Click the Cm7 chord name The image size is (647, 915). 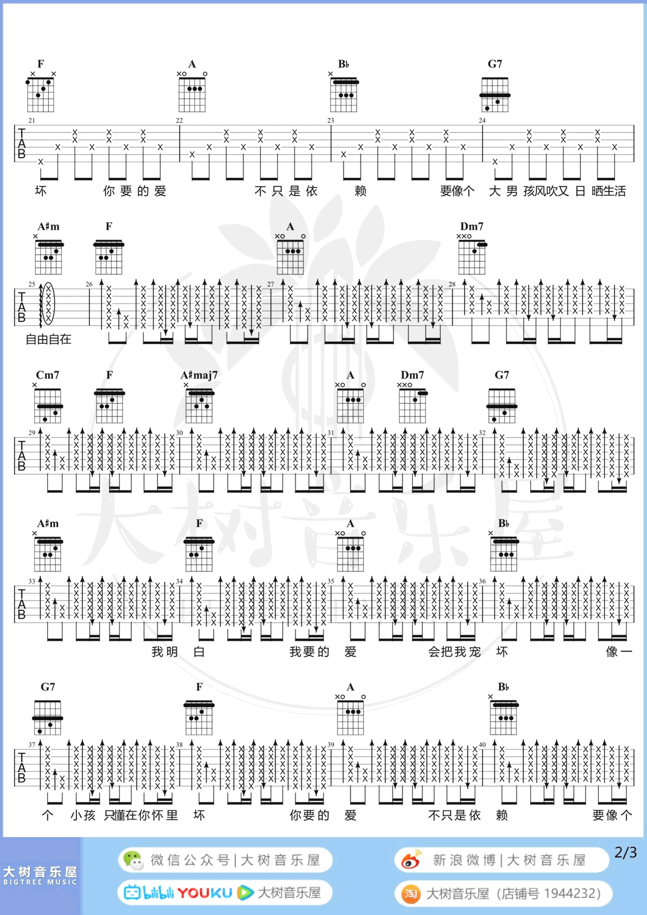[x=48, y=375]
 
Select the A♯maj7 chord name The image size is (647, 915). [x=199, y=375]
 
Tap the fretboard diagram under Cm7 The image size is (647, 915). [x=48, y=405]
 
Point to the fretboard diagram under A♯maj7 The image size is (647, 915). [x=199, y=405]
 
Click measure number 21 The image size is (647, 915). [x=32, y=120]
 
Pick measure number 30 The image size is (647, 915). [x=179, y=433]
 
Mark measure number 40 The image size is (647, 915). [x=482, y=745]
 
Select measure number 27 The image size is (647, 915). [x=271, y=284]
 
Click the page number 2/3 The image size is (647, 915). [x=625, y=853]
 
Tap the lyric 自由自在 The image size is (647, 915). [x=49, y=339]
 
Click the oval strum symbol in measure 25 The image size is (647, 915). [x=48, y=303]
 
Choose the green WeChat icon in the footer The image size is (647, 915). [x=133, y=860]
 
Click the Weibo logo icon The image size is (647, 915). [x=410, y=860]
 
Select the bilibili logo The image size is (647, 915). [x=149, y=893]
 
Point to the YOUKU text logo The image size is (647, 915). [x=205, y=893]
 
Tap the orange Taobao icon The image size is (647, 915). [x=410, y=894]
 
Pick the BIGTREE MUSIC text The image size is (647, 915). [x=40, y=882]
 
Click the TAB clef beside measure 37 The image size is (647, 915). [x=22, y=767]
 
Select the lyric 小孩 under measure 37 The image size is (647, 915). [x=83, y=815]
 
